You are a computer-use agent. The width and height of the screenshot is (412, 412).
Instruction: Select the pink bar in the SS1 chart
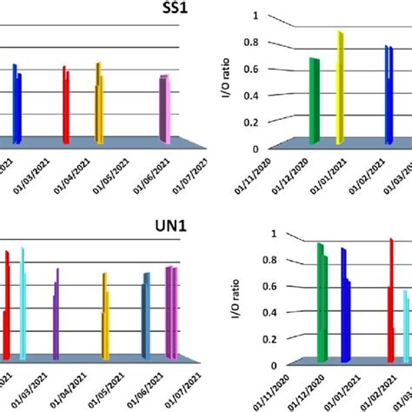coord(165,108)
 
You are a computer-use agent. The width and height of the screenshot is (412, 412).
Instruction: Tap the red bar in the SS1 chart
coord(65,103)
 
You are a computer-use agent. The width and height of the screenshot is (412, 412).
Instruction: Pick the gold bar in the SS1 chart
coord(99,103)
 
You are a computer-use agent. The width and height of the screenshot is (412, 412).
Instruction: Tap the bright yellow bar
coord(341,87)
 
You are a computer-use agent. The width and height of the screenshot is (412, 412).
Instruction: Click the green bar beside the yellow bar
coord(315,100)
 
